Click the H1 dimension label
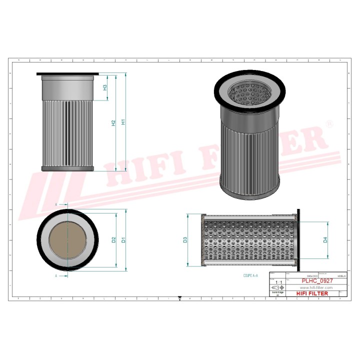point(123,122)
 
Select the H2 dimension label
point(113,122)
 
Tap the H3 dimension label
point(105,87)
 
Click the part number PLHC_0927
point(317,281)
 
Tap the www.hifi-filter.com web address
point(316,288)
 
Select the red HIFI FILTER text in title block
point(312,293)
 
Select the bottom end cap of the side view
point(67,168)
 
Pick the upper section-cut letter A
point(56,205)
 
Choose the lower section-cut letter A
point(56,275)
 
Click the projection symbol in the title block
point(276,288)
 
